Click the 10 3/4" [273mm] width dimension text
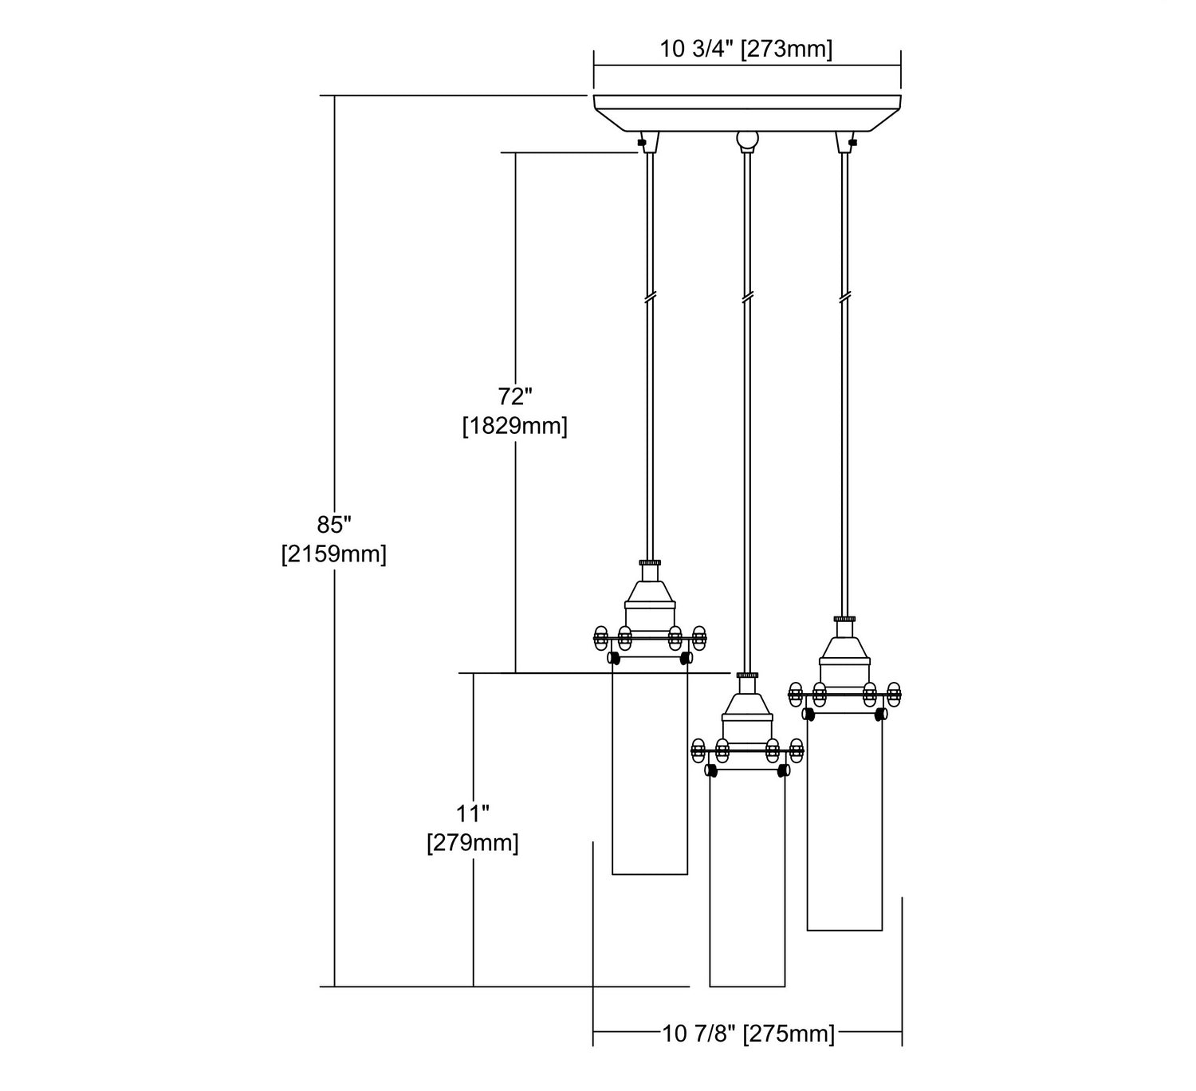[746, 49]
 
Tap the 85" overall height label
[334, 524]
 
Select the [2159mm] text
[334, 554]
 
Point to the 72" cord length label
[514, 396]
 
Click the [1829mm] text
[514, 426]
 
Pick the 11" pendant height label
[472, 813]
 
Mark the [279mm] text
[472, 843]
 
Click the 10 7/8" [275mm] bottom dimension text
[748, 1033]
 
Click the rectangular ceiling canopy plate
[747, 112]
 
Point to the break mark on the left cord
[650, 296]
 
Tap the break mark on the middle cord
[747, 296]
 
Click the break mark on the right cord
[844, 296]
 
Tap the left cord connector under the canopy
[649, 142]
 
